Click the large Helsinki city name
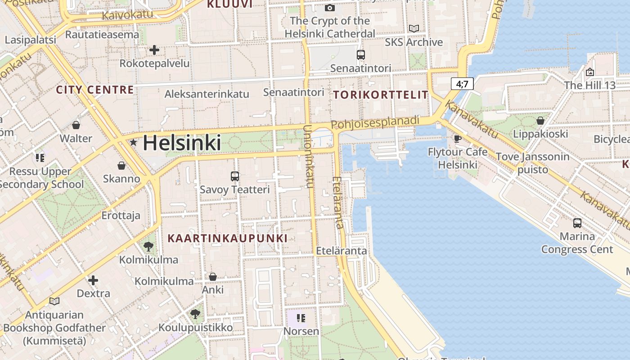pyautogui.click(x=182, y=143)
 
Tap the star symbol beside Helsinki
pyautogui.click(x=133, y=143)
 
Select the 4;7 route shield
pyautogui.click(x=462, y=83)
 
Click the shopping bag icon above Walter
pyautogui.click(x=76, y=125)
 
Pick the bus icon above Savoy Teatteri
pyautogui.click(x=234, y=176)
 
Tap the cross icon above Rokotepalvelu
pyautogui.click(x=154, y=49)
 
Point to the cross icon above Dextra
pyautogui.click(x=93, y=280)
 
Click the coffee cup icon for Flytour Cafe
pyautogui.click(x=458, y=138)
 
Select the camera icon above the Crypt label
pyautogui.click(x=330, y=8)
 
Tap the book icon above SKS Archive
pyautogui.click(x=414, y=29)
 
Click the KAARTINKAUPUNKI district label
pyautogui.click(x=227, y=238)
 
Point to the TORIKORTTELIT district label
pyautogui.click(x=381, y=95)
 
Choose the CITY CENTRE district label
pyautogui.click(x=95, y=90)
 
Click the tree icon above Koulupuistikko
pyautogui.click(x=195, y=314)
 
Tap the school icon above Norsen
pyautogui.click(x=301, y=318)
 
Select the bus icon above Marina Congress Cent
pyautogui.click(x=577, y=223)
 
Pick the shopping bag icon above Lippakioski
pyautogui.click(x=540, y=121)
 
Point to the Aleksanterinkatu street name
pyautogui.click(x=207, y=94)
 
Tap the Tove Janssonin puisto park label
pyautogui.click(x=533, y=163)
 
